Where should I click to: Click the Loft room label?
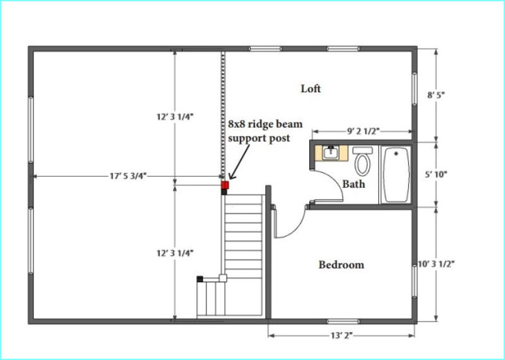tap(311, 88)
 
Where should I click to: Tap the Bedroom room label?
tap(342, 265)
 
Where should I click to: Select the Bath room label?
tap(353, 184)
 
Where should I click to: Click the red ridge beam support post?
tap(225, 185)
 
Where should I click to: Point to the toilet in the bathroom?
tap(362, 161)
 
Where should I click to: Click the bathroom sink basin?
tap(331, 153)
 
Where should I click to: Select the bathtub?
tap(396, 175)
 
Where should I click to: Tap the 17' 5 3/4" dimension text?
tap(128, 176)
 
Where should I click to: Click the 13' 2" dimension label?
tap(342, 336)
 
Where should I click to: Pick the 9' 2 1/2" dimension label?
tap(364, 131)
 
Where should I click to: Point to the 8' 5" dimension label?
tap(436, 95)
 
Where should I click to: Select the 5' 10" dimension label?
tap(436, 174)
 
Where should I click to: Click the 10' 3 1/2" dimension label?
tap(436, 263)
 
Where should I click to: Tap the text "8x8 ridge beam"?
tap(265, 124)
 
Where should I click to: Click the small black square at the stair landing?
tap(200, 279)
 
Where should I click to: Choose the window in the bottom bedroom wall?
tap(343, 321)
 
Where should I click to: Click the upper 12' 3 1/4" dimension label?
tap(175, 117)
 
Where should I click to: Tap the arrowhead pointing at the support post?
tap(232, 176)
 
